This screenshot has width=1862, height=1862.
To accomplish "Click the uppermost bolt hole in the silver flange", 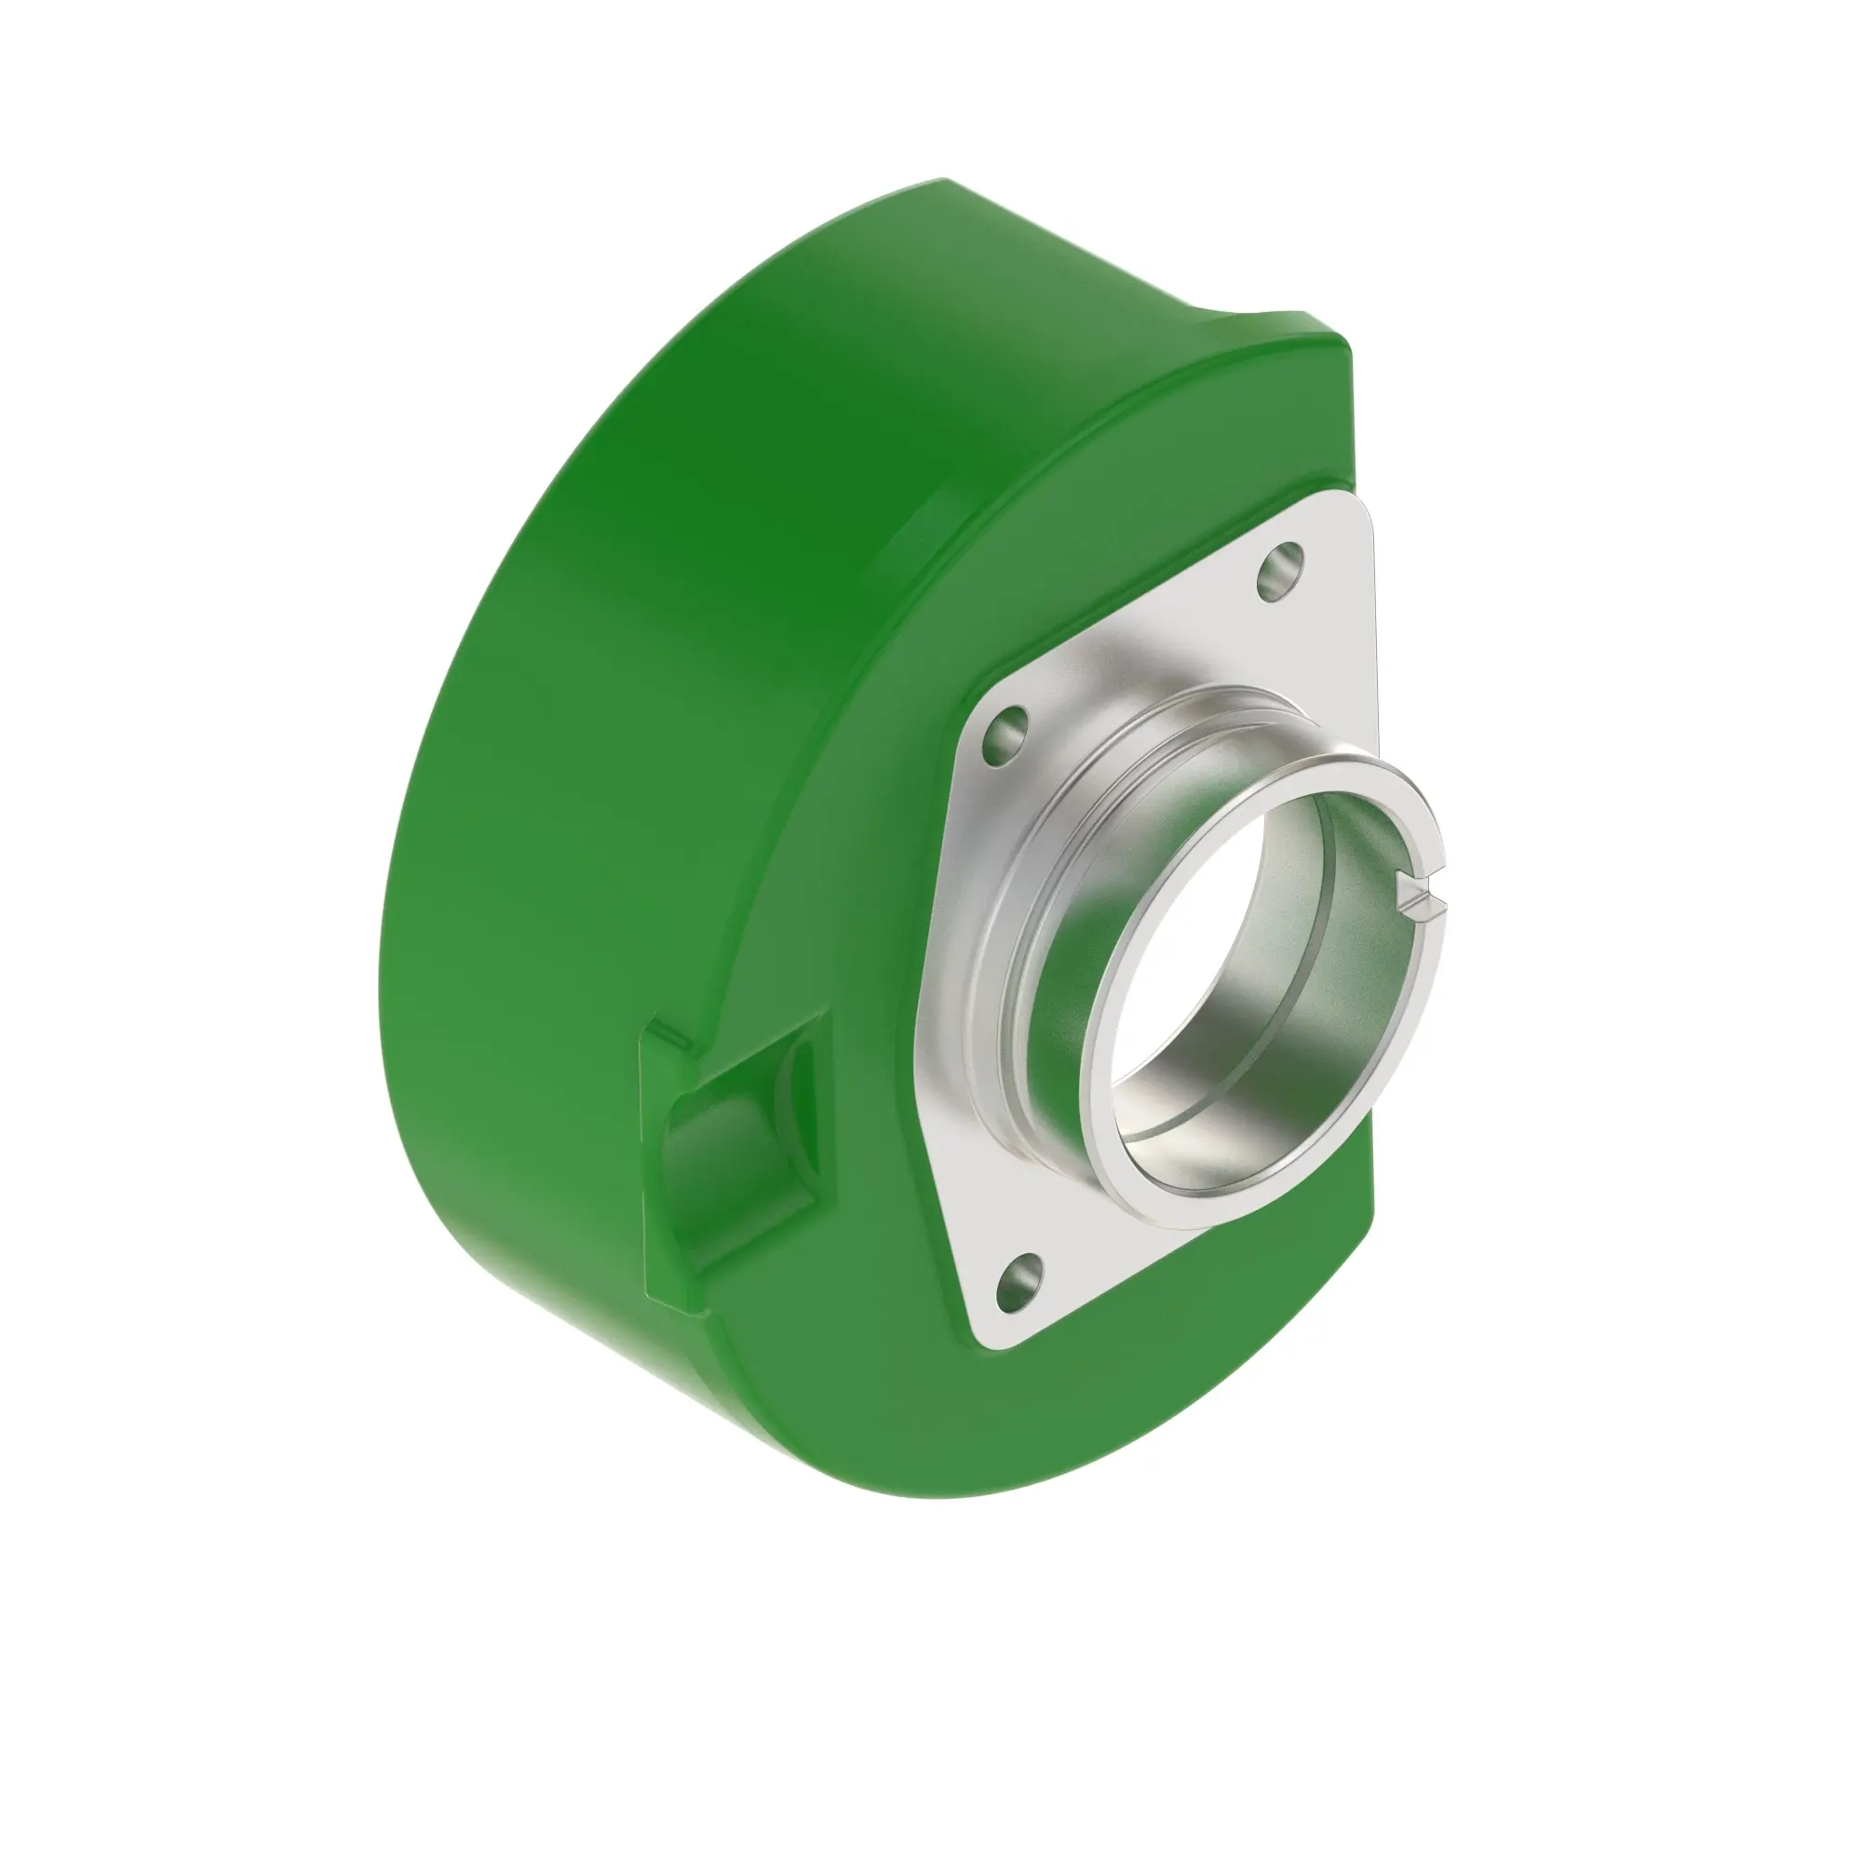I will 1281,573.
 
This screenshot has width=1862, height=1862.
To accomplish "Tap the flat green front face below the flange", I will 1108,1446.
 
